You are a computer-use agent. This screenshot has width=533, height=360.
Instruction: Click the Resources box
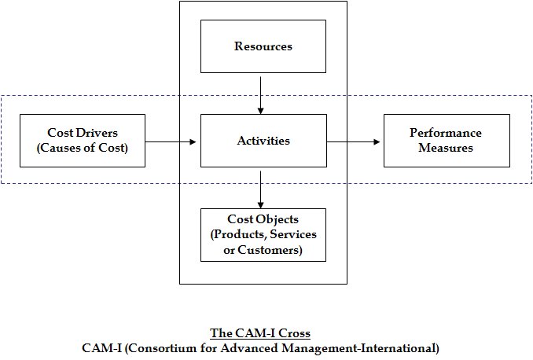(263, 46)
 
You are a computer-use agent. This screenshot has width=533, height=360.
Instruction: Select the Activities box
(263, 141)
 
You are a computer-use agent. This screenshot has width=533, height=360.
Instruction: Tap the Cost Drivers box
(83, 141)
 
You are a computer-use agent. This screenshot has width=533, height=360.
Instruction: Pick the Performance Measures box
(447, 141)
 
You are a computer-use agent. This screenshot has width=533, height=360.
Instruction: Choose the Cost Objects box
(263, 235)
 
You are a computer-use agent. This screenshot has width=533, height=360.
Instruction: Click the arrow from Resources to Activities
(261, 95)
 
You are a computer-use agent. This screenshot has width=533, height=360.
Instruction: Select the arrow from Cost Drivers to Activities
(171, 141)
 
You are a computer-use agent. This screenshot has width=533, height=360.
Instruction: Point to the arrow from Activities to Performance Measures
(354, 141)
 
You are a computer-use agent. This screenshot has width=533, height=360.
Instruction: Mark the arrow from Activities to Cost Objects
(261, 189)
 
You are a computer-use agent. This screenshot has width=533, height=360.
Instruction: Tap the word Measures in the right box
(446, 148)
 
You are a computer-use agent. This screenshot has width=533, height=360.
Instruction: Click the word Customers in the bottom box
(270, 250)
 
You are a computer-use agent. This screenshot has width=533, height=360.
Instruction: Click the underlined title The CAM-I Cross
(260, 333)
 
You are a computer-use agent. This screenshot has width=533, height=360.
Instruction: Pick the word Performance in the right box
(446, 133)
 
